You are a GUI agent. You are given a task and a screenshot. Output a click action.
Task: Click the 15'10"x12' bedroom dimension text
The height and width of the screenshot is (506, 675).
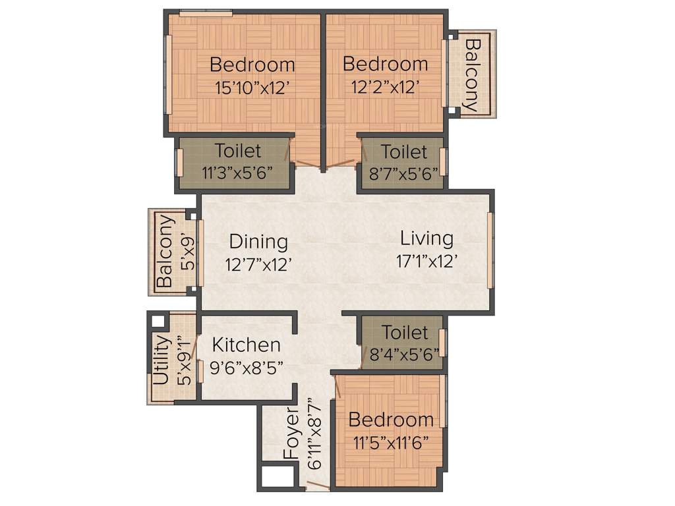point(252,88)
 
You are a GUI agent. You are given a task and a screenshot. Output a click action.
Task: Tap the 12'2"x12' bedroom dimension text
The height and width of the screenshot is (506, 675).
point(385,88)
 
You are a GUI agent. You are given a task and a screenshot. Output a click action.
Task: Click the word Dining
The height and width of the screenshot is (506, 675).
point(258,242)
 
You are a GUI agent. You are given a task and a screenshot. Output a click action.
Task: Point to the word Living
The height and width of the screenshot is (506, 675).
point(426,238)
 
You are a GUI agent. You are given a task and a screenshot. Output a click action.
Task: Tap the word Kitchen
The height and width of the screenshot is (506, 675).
point(246,345)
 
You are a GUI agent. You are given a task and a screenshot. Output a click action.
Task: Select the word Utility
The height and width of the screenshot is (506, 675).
point(161,360)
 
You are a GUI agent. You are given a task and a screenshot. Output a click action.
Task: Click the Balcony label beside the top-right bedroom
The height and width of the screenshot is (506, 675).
point(472,74)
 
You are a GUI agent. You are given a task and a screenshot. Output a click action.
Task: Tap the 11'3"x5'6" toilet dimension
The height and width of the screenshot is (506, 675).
point(237,173)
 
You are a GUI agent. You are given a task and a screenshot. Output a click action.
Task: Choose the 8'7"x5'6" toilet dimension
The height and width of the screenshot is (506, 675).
point(404,173)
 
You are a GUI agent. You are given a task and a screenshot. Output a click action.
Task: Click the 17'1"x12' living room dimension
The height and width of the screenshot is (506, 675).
point(426,262)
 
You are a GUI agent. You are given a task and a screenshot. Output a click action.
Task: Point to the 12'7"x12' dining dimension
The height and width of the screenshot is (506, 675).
point(258,264)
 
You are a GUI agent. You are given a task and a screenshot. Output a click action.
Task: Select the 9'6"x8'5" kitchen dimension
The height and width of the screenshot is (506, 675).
point(246,368)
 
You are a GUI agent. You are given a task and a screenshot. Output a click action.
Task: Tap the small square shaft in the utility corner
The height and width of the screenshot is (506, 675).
point(158,323)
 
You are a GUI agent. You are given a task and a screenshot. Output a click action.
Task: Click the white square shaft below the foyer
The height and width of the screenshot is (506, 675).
point(276,478)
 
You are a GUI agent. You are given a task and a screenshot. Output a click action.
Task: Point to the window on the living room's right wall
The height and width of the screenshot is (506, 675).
point(490,250)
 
